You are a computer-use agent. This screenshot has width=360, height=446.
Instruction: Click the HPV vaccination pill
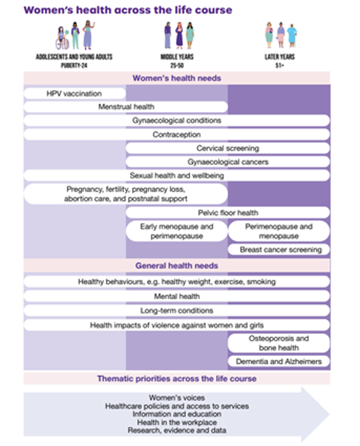pos(75,94)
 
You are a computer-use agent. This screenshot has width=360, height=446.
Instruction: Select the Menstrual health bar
pos(126,107)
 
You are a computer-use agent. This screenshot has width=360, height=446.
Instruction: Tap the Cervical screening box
pos(228,148)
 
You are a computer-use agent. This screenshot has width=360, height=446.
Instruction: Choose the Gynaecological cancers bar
pos(228,162)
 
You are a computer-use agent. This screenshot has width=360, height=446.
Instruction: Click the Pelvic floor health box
pos(228,213)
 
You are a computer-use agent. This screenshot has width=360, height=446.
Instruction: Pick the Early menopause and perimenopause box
pos(177,231)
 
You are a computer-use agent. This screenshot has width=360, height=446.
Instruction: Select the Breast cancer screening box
pos(279,250)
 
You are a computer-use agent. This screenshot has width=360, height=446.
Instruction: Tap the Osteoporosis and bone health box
pos(279,343)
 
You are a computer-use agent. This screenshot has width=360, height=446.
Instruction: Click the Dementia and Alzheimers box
pos(279,361)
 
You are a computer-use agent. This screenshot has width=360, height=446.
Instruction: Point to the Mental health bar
pos(177,296)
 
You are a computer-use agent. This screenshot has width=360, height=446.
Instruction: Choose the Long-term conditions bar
pos(177,311)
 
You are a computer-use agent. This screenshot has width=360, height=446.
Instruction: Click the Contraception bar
pos(177,135)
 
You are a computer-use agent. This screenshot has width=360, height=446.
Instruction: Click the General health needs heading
pos(177,265)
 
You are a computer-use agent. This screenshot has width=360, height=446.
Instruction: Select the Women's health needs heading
pos(177,78)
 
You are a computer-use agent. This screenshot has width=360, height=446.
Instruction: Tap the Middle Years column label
pos(177,61)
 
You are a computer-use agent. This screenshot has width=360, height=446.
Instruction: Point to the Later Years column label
pos(280,61)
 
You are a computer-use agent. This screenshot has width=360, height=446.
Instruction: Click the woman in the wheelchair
pos(62,38)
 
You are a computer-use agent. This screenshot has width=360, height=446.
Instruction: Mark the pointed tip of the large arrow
pos(330,415)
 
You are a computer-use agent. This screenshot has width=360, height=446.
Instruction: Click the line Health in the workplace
pos(177,422)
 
